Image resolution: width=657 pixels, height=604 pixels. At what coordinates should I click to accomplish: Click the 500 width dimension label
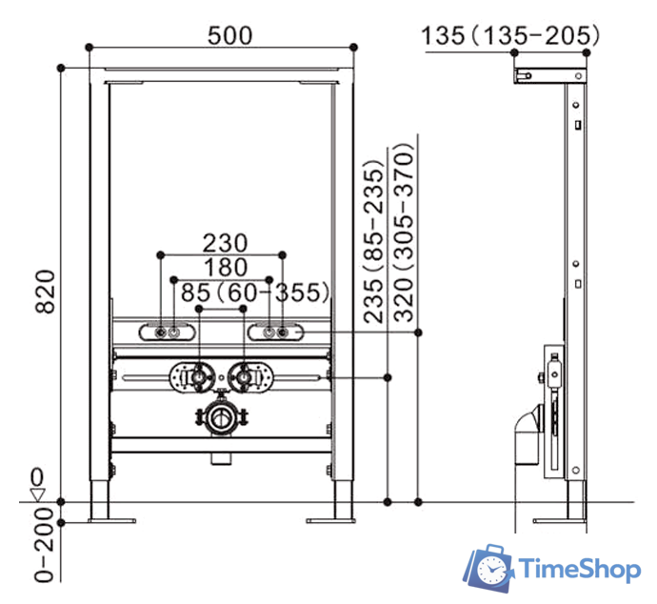tap(230, 35)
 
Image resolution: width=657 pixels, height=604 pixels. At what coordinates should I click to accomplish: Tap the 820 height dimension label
tap(46, 292)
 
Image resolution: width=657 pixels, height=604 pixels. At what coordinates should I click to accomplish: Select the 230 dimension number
tap(226, 243)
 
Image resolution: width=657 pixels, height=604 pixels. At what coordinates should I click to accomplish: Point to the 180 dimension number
tap(226, 268)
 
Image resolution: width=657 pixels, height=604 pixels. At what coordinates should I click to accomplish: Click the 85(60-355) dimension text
tap(255, 292)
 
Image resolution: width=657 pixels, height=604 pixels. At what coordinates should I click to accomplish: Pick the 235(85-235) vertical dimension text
tap(374, 241)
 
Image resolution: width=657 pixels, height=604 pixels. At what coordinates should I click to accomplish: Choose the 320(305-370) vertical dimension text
tap(404, 232)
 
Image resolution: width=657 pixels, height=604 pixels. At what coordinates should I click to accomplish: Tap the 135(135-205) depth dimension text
tap(510, 35)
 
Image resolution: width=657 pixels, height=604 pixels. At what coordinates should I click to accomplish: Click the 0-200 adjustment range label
tap(45, 545)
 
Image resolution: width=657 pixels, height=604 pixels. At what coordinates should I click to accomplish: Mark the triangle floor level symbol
tap(38, 494)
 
